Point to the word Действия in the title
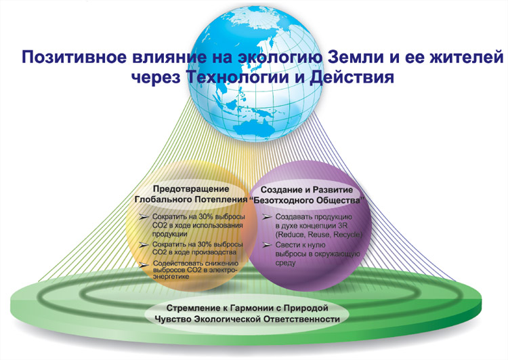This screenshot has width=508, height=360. click(x=352, y=78)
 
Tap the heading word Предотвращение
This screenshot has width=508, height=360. click(x=191, y=188)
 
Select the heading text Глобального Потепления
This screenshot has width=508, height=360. click(x=191, y=199)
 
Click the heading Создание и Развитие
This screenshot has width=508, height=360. click(x=306, y=189)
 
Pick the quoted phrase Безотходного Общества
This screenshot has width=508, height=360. click(x=308, y=200)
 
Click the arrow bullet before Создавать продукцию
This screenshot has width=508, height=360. click(x=267, y=217)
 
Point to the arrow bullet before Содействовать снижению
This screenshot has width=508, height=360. click(x=144, y=264)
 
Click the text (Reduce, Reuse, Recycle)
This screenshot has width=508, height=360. click(x=318, y=235)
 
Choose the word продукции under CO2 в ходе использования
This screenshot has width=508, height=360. click(x=169, y=234)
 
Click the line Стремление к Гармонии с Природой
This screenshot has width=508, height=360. click(x=247, y=308)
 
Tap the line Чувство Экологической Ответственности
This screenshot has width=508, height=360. click(x=247, y=319)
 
